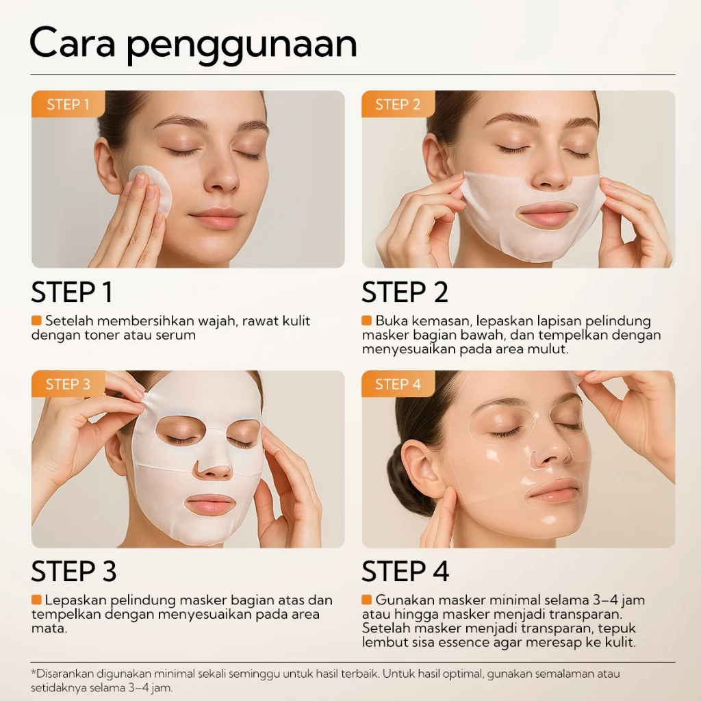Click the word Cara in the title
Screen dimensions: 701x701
pyautogui.click(x=73, y=43)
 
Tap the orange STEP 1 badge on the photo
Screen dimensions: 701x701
pyautogui.click(x=68, y=104)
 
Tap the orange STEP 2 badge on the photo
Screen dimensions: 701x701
pyautogui.click(x=398, y=104)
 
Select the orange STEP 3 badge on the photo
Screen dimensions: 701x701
pyautogui.click(x=68, y=384)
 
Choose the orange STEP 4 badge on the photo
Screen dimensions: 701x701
pyautogui.click(x=398, y=384)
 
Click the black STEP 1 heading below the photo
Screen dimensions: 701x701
pyautogui.click(x=71, y=292)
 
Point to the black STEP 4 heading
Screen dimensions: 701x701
pyautogui.click(x=405, y=572)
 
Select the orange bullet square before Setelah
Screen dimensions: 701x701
pyautogui.click(x=36, y=320)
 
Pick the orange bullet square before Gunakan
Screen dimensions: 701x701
pyautogui.click(x=367, y=600)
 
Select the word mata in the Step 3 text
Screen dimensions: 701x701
pyautogui.click(x=49, y=628)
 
